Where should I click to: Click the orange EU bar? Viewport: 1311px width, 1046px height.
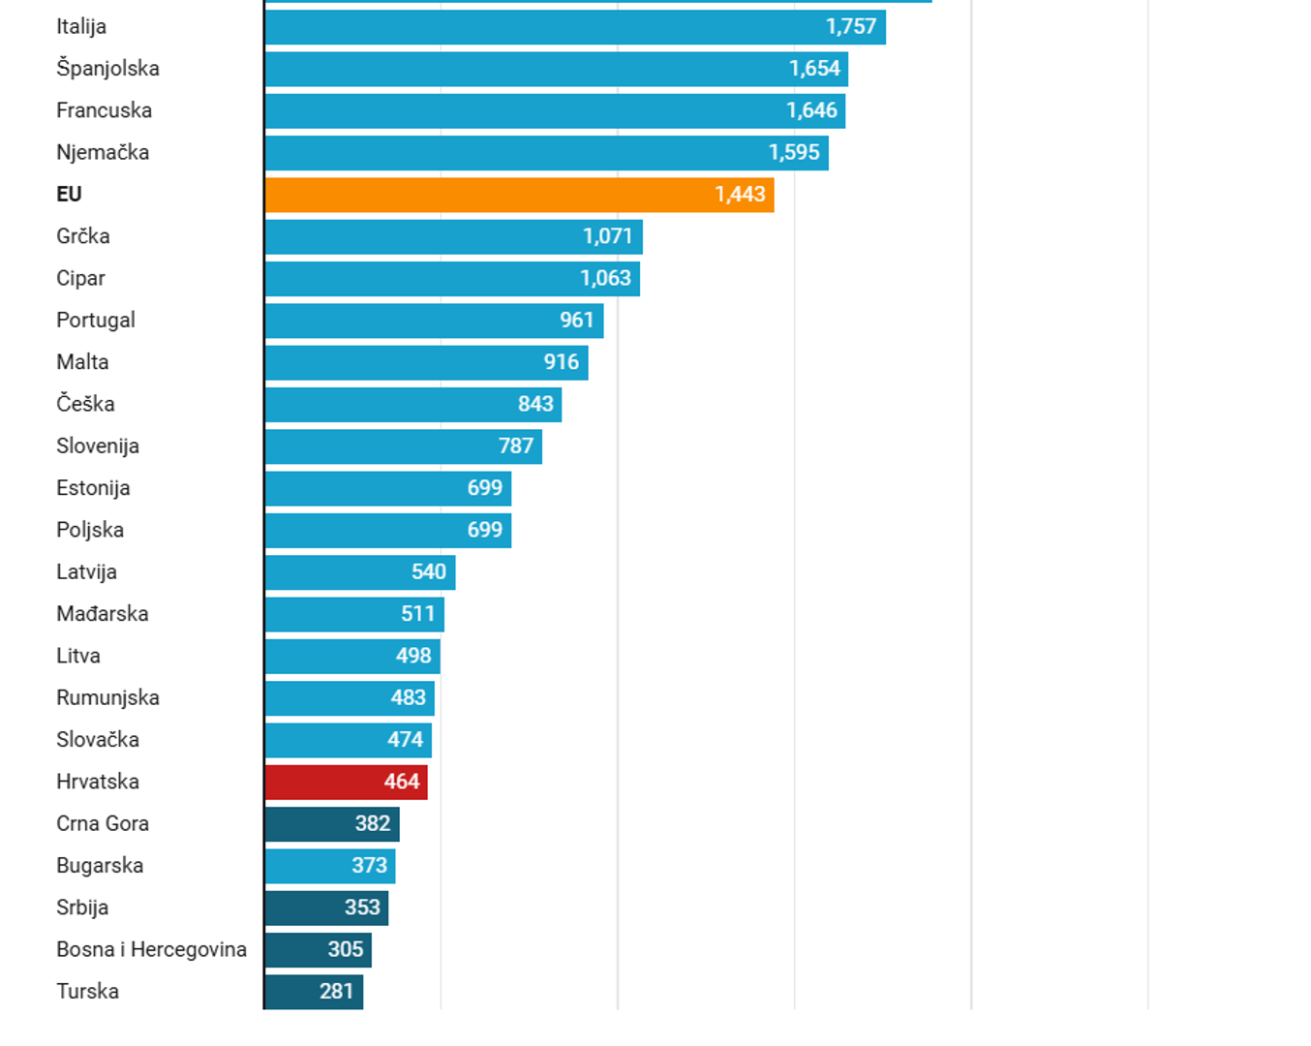tap(519, 195)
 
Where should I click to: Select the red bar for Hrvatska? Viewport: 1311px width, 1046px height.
tap(346, 782)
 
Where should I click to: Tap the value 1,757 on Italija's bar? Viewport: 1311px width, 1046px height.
tap(851, 27)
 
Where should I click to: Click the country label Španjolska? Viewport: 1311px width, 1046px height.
tap(107, 69)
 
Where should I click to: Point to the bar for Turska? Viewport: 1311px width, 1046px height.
tap(314, 992)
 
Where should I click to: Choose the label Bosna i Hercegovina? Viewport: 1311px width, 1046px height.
tap(151, 949)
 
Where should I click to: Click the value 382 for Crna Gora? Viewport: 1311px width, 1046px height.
tap(373, 823)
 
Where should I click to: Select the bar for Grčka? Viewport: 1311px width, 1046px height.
tap(453, 236)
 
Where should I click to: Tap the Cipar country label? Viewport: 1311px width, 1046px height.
tap(80, 278)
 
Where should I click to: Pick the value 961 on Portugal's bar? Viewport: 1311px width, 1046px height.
tap(576, 320)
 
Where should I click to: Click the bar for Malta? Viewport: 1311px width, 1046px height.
tap(426, 362)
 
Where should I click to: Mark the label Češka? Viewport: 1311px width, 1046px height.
tap(85, 404)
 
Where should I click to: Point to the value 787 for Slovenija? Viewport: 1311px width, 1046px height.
tap(516, 446)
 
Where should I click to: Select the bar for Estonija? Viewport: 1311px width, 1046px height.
tap(387, 488)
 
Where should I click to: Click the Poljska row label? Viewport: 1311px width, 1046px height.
tap(90, 530)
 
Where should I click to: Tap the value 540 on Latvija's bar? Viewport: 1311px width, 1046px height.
tap(429, 571)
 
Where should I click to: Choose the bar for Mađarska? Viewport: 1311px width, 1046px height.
tap(354, 614)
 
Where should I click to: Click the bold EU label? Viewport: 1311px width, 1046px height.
tap(69, 195)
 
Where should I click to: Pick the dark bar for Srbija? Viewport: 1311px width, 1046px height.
tap(326, 908)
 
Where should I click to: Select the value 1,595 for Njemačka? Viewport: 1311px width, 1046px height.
tap(794, 153)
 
